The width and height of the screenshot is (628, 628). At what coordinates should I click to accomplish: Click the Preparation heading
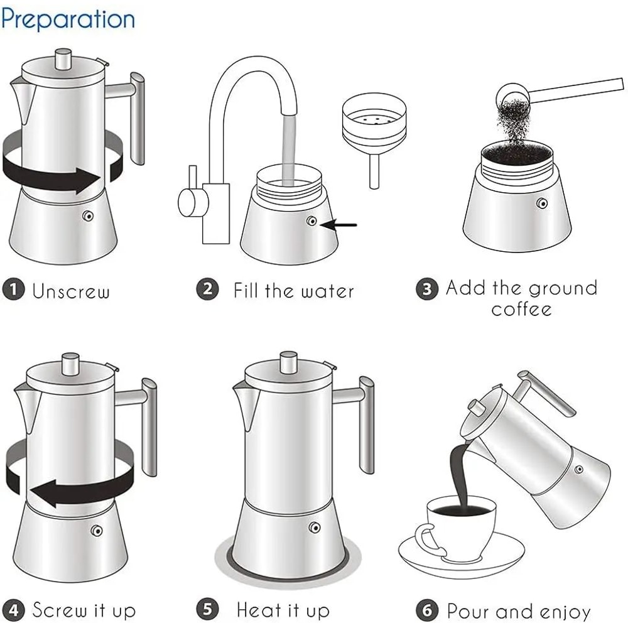(68, 19)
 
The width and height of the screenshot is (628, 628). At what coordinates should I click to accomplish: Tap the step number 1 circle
(13, 290)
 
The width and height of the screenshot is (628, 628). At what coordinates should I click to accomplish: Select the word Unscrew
(71, 291)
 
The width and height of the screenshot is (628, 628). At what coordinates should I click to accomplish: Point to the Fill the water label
(293, 291)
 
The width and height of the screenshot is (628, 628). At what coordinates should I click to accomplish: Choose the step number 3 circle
(426, 289)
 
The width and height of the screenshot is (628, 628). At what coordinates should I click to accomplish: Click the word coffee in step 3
(521, 309)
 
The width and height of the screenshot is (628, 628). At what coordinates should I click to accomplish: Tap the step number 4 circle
(13, 610)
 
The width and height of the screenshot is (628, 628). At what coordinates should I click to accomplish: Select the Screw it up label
(84, 610)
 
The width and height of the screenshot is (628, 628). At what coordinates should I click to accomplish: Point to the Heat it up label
(283, 610)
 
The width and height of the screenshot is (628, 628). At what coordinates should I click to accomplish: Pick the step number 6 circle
(426, 610)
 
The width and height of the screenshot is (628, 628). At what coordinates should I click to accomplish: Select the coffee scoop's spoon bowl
(510, 96)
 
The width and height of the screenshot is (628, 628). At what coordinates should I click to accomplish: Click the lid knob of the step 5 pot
(288, 362)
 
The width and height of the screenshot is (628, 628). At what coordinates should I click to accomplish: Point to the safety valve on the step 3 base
(541, 203)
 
